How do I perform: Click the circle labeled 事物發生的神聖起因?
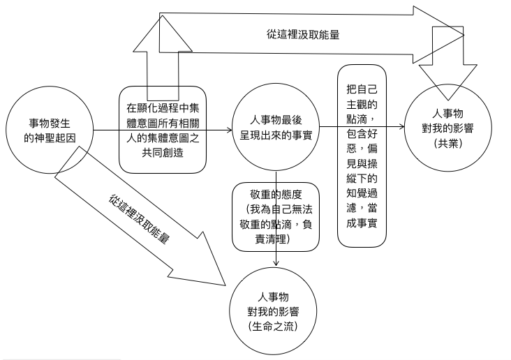pyautogui.click(x=48, y=130)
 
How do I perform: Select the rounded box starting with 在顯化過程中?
pyautogui.click(x=163, y=130)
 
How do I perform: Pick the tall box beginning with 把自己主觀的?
pyautogui.click(x=362, y=153)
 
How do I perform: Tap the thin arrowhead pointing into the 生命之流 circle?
pyautogui.click(x=277, y=264)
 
